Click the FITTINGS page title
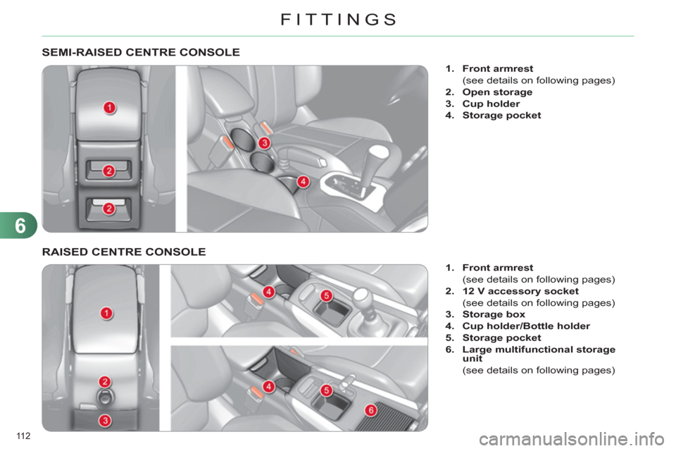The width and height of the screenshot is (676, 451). [x=339, y=20]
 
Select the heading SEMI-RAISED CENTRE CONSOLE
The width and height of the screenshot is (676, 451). [x=141, y=52]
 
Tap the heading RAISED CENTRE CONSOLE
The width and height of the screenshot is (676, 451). [x=124, y=252]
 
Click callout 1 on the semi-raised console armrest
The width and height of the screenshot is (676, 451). [x=110, y=107]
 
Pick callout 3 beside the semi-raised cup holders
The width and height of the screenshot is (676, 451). [x=264, y=143]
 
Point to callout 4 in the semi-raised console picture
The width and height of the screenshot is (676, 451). [x=303, y=181]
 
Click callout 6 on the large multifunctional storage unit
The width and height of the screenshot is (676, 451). [x=371, y=410]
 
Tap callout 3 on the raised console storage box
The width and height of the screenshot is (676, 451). [x=105, y=421]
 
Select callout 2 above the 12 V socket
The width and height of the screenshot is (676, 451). [x=105, y=381]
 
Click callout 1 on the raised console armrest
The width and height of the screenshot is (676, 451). [x=106, y=313]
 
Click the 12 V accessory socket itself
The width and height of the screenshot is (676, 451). [x=106, y=397]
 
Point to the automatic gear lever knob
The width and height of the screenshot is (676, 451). [x=378, y=152]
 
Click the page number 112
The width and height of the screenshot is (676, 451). [x=23, y=436]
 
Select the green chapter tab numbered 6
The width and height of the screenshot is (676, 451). [x=19, y=225]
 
